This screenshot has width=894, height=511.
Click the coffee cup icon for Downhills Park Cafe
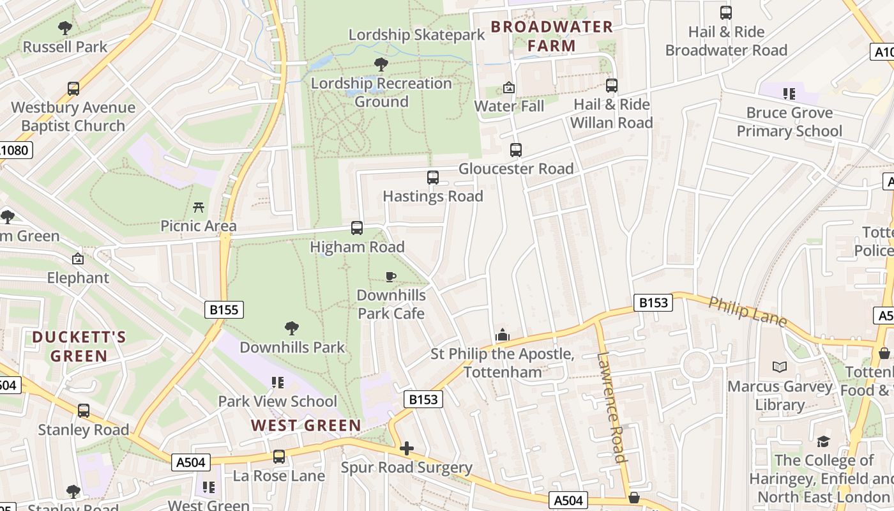tap(391, 277)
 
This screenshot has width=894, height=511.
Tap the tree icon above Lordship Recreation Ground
tap(381, 64)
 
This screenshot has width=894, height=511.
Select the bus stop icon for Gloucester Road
tap(516, 150)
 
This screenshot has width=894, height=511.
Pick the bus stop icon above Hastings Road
tap(433, 178)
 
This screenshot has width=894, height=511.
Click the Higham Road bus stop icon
tap(357, 228)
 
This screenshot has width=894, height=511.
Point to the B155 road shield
tap(224, 310)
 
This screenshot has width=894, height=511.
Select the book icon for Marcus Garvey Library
tap(780, 367)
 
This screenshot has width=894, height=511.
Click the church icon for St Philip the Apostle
tap(503, 335)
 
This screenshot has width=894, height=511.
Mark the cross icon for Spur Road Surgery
tap(407, 448)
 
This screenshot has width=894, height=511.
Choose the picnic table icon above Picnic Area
tap(199, 207)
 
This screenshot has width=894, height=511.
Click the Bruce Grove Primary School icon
tap(789, 94)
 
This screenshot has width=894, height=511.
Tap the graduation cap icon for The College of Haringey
tap(823, 441)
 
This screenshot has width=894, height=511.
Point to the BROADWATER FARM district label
tap(552, 36)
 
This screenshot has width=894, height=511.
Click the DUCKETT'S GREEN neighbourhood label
tap(79, 346)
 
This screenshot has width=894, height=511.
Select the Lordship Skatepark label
tap(417, 34)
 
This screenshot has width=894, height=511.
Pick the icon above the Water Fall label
tap(509, 88)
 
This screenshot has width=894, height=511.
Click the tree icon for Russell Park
tap(65, 27)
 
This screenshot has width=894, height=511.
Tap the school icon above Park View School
tap(278, 383)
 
